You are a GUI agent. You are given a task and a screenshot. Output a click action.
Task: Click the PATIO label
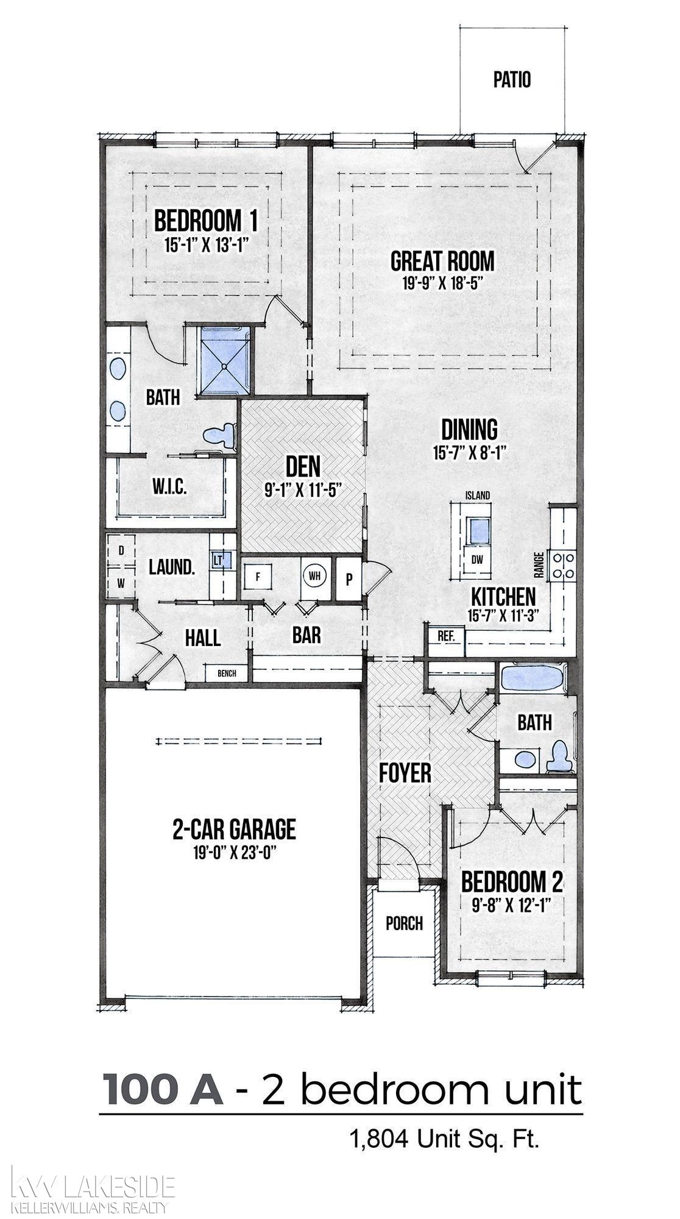click(x=512, y=80)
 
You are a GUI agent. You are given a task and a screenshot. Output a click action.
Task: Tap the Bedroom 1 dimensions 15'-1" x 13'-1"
click(x=208, y=245)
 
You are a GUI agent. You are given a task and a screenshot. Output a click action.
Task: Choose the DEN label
click(x=303, y=467)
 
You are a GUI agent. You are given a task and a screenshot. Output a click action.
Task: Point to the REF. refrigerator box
click(x=447, y=636)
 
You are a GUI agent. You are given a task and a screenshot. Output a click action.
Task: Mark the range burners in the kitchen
click(x=563, y=564)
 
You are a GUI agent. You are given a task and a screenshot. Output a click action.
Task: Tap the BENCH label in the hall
click(x=227, y=673)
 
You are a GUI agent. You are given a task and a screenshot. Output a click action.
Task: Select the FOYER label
click(x=405, y=773)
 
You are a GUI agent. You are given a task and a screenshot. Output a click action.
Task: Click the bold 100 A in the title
click(x=164, y=1089)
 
